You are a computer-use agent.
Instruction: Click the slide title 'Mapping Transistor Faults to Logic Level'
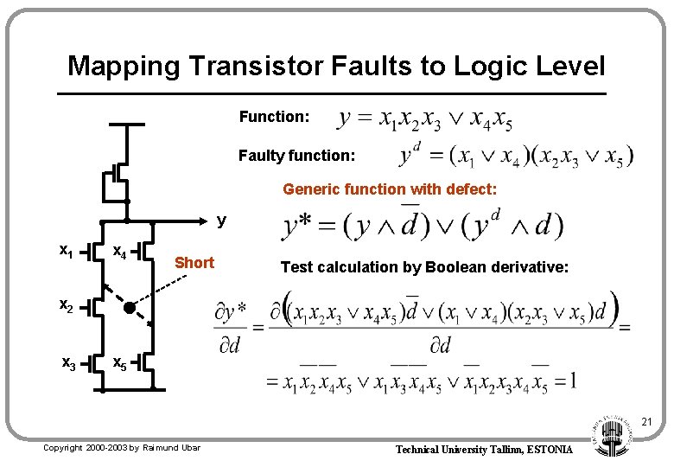(336, 66)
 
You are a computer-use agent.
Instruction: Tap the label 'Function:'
(273, 116)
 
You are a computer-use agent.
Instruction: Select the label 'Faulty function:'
(296, 156)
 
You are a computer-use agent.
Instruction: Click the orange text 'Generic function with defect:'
(390, 189)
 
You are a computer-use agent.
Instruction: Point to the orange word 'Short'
(194, 263)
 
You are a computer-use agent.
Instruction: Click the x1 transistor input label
(65, 252)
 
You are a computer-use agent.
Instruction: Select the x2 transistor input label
(66, 304)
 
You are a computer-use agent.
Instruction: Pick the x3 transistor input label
(66, 362)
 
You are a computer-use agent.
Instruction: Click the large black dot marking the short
(129, 308)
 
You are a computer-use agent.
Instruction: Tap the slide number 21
(646, 422)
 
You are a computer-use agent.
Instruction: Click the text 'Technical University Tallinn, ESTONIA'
(483, 450)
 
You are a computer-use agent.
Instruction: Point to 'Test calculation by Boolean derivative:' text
(424, 268)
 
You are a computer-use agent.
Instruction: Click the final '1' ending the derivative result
(572, 380)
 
